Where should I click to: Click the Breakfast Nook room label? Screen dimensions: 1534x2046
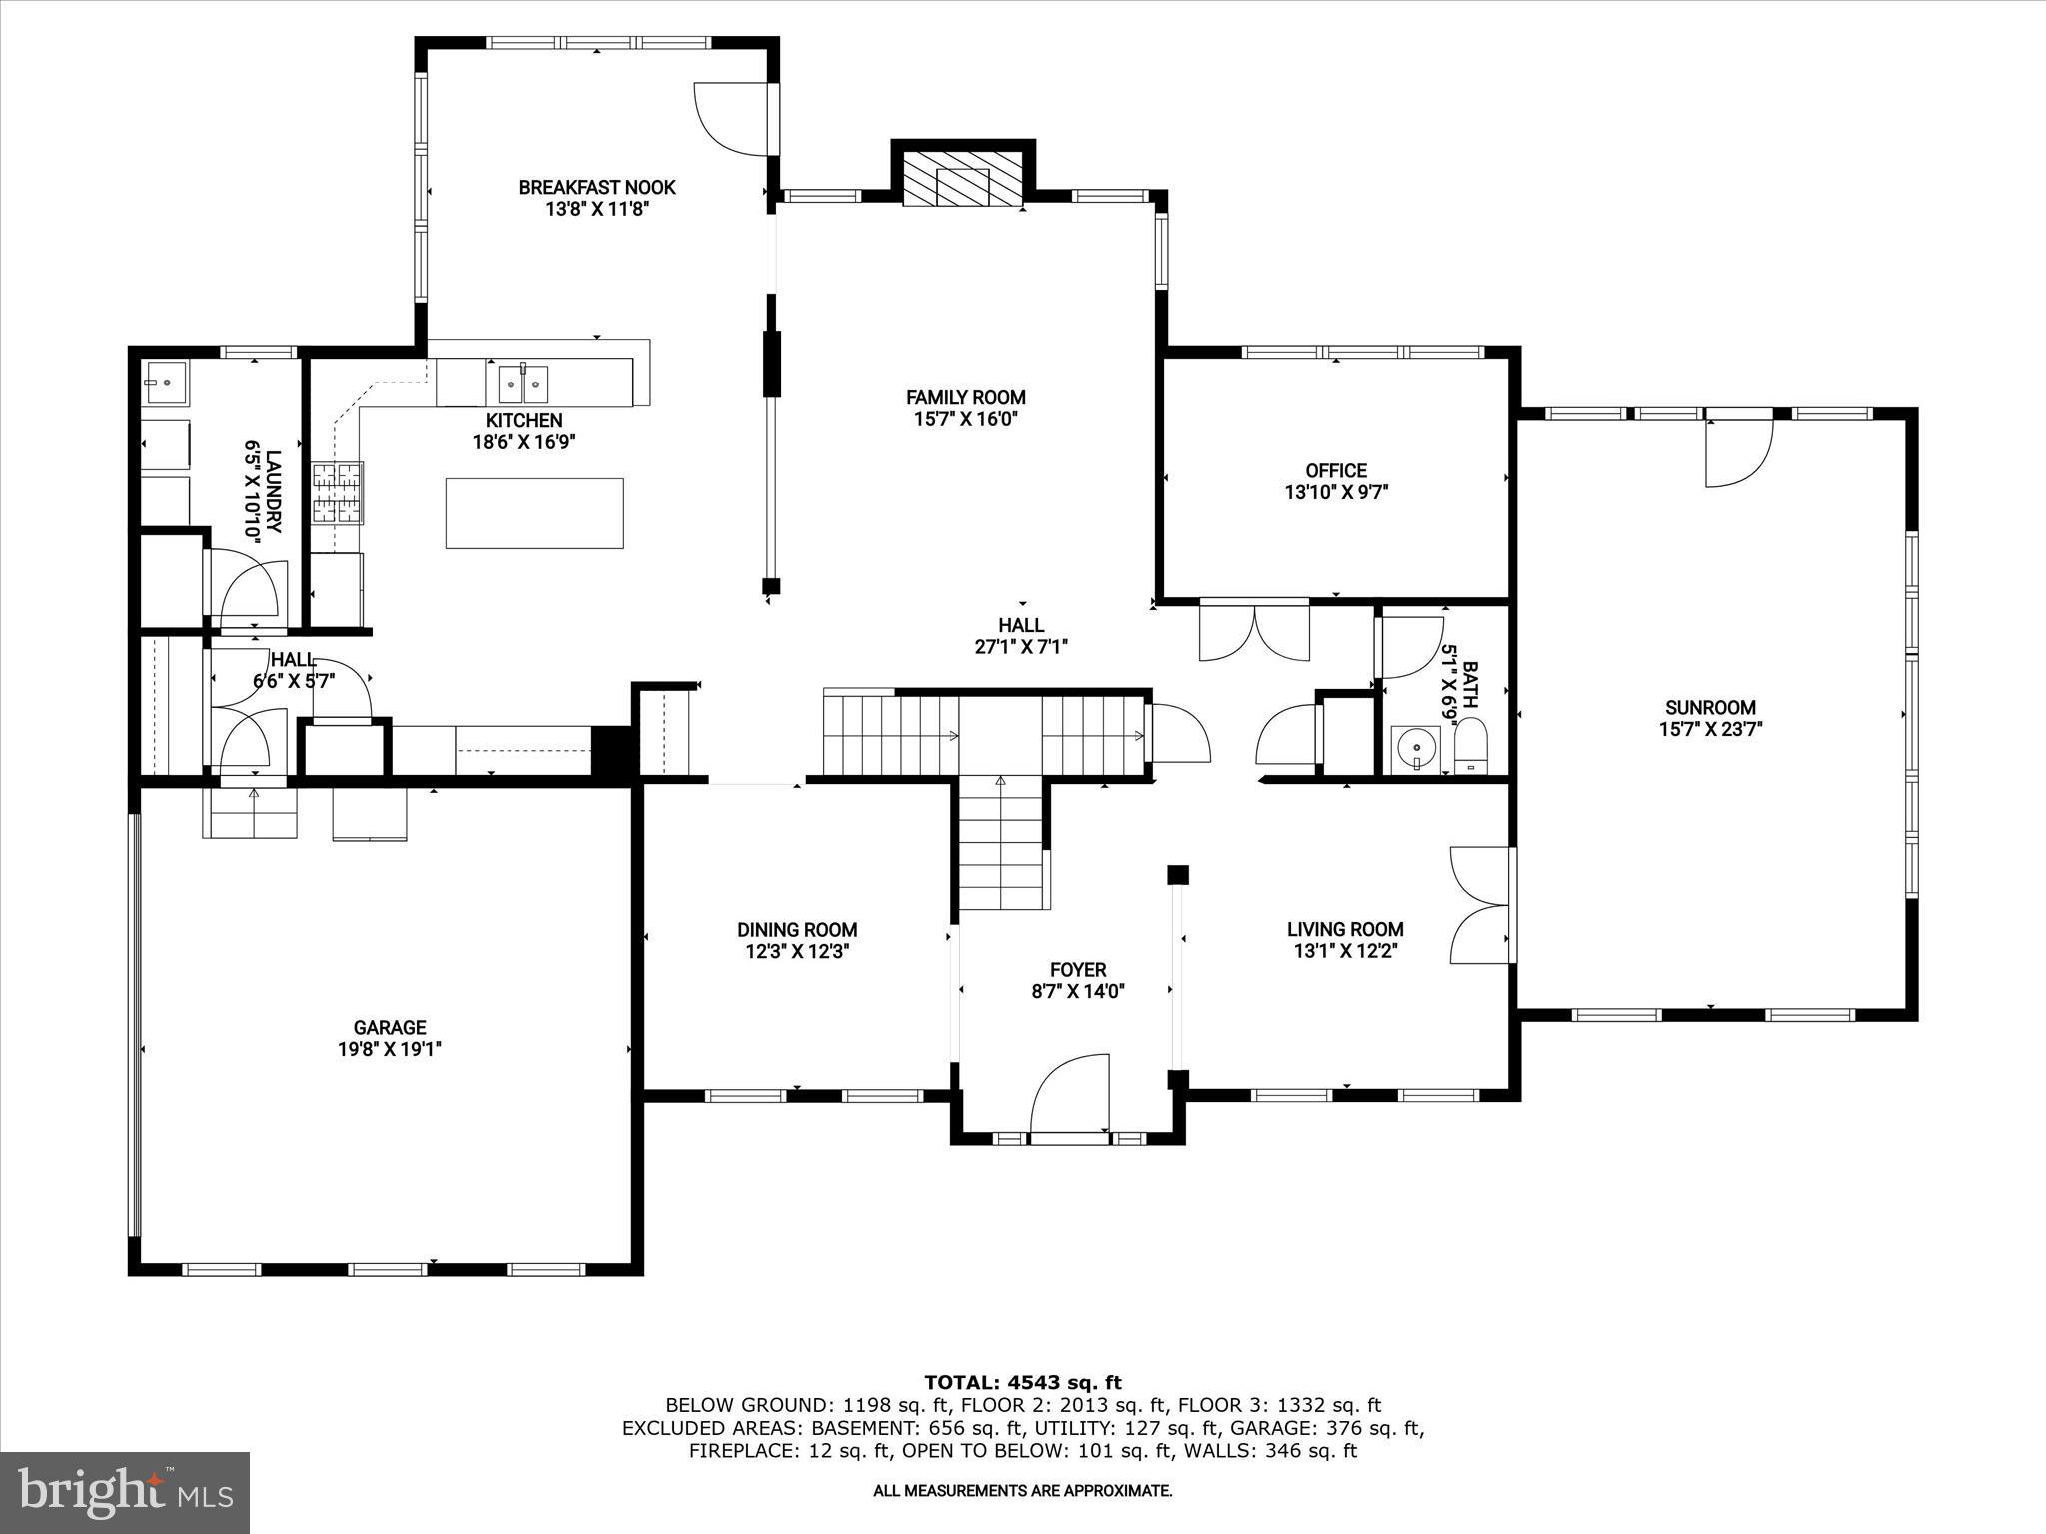click(597, 187)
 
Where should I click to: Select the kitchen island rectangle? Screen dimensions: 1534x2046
click(534, 513)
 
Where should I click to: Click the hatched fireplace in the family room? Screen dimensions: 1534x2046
click(963, 182)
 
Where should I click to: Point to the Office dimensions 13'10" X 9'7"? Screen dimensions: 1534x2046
click(1336, 492)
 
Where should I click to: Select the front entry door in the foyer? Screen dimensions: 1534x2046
click(1070, 1097)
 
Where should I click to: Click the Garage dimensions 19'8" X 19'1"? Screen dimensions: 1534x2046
click(390, 1049)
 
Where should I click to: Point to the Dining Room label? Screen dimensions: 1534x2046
click(797, 930)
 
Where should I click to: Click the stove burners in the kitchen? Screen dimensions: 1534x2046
click(337, 493)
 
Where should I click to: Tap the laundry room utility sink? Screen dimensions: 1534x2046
click(166, 381)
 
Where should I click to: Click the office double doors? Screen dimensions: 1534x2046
click(1254, 632)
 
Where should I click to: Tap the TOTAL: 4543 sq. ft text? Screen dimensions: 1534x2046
click(1023, 1382)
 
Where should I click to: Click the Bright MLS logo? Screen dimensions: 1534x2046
click(125, 1492)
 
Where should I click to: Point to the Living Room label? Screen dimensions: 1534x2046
click(1345, 929)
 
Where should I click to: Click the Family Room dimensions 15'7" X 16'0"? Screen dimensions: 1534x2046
click(965, 419)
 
